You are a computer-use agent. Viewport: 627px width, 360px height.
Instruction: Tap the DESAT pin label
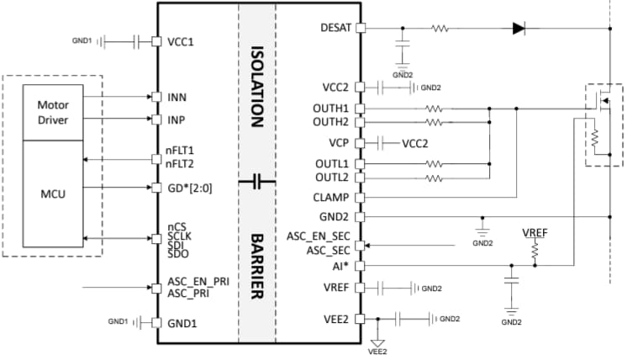point(336,28)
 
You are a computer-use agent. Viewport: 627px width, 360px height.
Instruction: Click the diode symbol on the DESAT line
point(519,28)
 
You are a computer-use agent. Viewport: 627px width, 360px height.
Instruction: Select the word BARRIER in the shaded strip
point(257,252)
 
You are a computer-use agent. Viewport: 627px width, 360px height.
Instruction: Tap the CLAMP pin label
point(333,198)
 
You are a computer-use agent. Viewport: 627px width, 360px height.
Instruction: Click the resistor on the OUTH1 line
point(434,109)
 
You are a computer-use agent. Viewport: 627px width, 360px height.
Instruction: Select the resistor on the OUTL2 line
point(434,177)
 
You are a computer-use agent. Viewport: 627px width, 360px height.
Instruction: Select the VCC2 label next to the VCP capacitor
point(414,142)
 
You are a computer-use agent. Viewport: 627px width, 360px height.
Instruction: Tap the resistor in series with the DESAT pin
point(440,28)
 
